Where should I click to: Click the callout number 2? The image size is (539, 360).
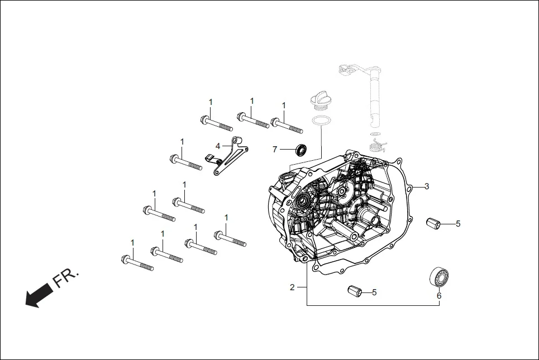coord(292,287)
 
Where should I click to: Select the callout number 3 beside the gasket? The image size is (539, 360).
coord(427,186)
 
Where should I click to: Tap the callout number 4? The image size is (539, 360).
coord(218,146)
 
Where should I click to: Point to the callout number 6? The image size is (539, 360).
coord(438,296)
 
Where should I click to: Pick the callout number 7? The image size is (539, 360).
coord(275,149)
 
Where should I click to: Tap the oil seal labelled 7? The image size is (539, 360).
coord(301,149)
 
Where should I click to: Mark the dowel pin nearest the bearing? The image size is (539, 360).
coord(354,291)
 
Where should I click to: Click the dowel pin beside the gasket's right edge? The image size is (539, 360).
coord(433,223)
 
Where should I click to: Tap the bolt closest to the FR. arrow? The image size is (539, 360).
coord(136,262)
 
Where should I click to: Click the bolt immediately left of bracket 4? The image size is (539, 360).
coord(185,162)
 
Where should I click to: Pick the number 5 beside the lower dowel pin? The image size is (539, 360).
coord(374,292)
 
